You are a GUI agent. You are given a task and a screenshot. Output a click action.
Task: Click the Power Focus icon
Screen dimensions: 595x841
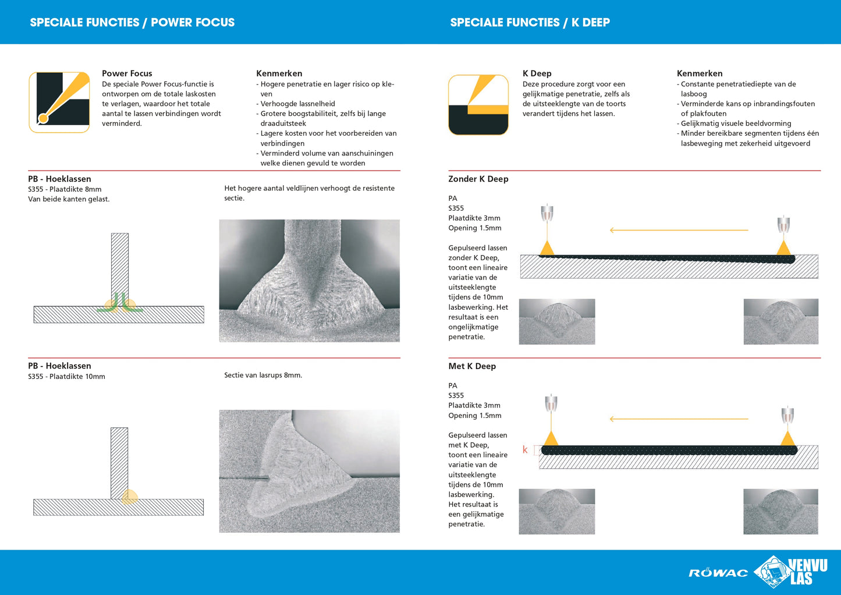click(x=59, y=102)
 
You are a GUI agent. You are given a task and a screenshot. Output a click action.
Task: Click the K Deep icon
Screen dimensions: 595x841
click(x=478, y=105)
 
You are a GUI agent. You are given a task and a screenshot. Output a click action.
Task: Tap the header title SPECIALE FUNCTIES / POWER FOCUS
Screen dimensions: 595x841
click(x=132, y=23)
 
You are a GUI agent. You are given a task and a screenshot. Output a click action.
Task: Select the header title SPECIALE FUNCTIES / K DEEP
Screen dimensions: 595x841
click(x=530, y=23)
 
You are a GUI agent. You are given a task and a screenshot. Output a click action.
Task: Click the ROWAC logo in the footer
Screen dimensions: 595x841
click(x=718, y=573)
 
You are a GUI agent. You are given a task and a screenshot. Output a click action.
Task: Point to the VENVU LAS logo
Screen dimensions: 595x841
click(x=792, y=571)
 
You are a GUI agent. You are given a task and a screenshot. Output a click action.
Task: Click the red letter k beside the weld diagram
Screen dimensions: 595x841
click(x=525, y=449)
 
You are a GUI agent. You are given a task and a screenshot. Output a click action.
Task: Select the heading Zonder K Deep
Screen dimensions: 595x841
click(x=478, y=179)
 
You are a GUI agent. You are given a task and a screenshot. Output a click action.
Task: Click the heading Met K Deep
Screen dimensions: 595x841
click(x=471, y=366)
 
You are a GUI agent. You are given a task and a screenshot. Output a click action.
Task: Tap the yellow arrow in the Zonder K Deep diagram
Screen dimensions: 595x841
click(x=679, y=230)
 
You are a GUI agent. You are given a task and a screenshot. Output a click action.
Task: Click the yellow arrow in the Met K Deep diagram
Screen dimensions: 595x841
click(x=679, y=419)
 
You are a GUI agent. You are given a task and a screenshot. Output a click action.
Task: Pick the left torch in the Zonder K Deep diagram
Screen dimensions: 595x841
click(x=547, y=214)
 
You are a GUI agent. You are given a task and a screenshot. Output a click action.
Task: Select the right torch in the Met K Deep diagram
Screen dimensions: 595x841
click(x=787, y=416)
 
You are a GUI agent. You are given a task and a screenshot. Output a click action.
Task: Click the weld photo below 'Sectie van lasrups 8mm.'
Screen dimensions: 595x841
click(x=309, y=471)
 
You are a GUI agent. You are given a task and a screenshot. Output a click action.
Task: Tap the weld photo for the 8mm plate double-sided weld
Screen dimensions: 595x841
click(x=309, y=280)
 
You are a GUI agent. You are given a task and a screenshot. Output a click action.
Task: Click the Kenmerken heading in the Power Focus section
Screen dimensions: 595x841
click(x=279, y=73)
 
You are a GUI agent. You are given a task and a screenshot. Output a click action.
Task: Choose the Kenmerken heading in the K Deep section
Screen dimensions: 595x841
click(x=699, y=73)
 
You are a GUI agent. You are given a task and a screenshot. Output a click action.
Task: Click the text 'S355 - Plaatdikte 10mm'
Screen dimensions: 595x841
click(x=66, y=377)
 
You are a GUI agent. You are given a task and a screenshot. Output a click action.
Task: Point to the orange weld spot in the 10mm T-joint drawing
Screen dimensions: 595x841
click(x=129, y=497)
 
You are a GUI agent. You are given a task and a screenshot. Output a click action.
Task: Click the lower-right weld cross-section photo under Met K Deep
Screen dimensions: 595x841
click(x=780, y=511)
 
